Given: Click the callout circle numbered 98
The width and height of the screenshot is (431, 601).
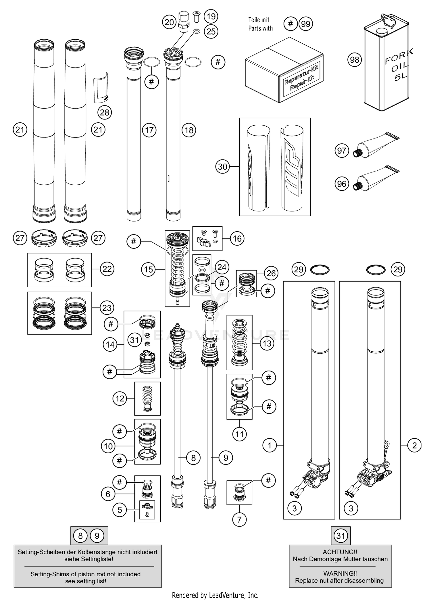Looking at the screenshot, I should pyautogui.click(x=355, y=60).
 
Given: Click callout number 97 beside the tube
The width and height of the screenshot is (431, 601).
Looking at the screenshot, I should pyautogui.click(x=342, y=151).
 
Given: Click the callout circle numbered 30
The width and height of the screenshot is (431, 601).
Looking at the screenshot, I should pyautogui.click(x=223, y=167).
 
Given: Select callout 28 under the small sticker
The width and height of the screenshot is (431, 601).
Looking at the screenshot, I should pyautogui.click(x=105, y=112).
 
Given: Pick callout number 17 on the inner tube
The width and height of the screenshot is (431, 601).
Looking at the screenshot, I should pyautogui.click(x=149, y=130).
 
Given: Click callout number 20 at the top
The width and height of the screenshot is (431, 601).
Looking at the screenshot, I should pyautogui.click(x=169, y=22).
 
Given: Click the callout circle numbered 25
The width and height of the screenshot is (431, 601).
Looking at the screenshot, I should pyautogui.click(x=211, y=31).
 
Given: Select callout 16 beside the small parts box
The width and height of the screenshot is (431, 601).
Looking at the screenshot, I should pyautogui.click(x=237, y=238).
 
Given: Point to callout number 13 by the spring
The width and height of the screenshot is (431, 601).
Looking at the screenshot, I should pyautogui.click(x=267, y=343).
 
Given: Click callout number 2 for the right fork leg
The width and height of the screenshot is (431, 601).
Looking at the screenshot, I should pyautogui.click(x=414, y=445).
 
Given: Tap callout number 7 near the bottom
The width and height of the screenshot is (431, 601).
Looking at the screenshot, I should pyautogui.click(x=239, y=519).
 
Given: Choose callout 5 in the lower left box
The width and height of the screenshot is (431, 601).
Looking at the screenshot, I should pyautogui.click(x=120, y=510).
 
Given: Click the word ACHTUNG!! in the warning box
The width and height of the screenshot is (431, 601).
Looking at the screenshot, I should pyautogui.click(x=340, y=552).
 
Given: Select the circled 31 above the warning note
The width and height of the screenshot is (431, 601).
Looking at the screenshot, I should pyautogui.click(x=341, y=535).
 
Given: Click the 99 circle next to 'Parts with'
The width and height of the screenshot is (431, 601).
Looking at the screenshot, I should pyautogui.click(x=306, y=24).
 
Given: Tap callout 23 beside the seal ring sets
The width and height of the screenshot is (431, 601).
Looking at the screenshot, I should pyautogui.click(x=107, y=308).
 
